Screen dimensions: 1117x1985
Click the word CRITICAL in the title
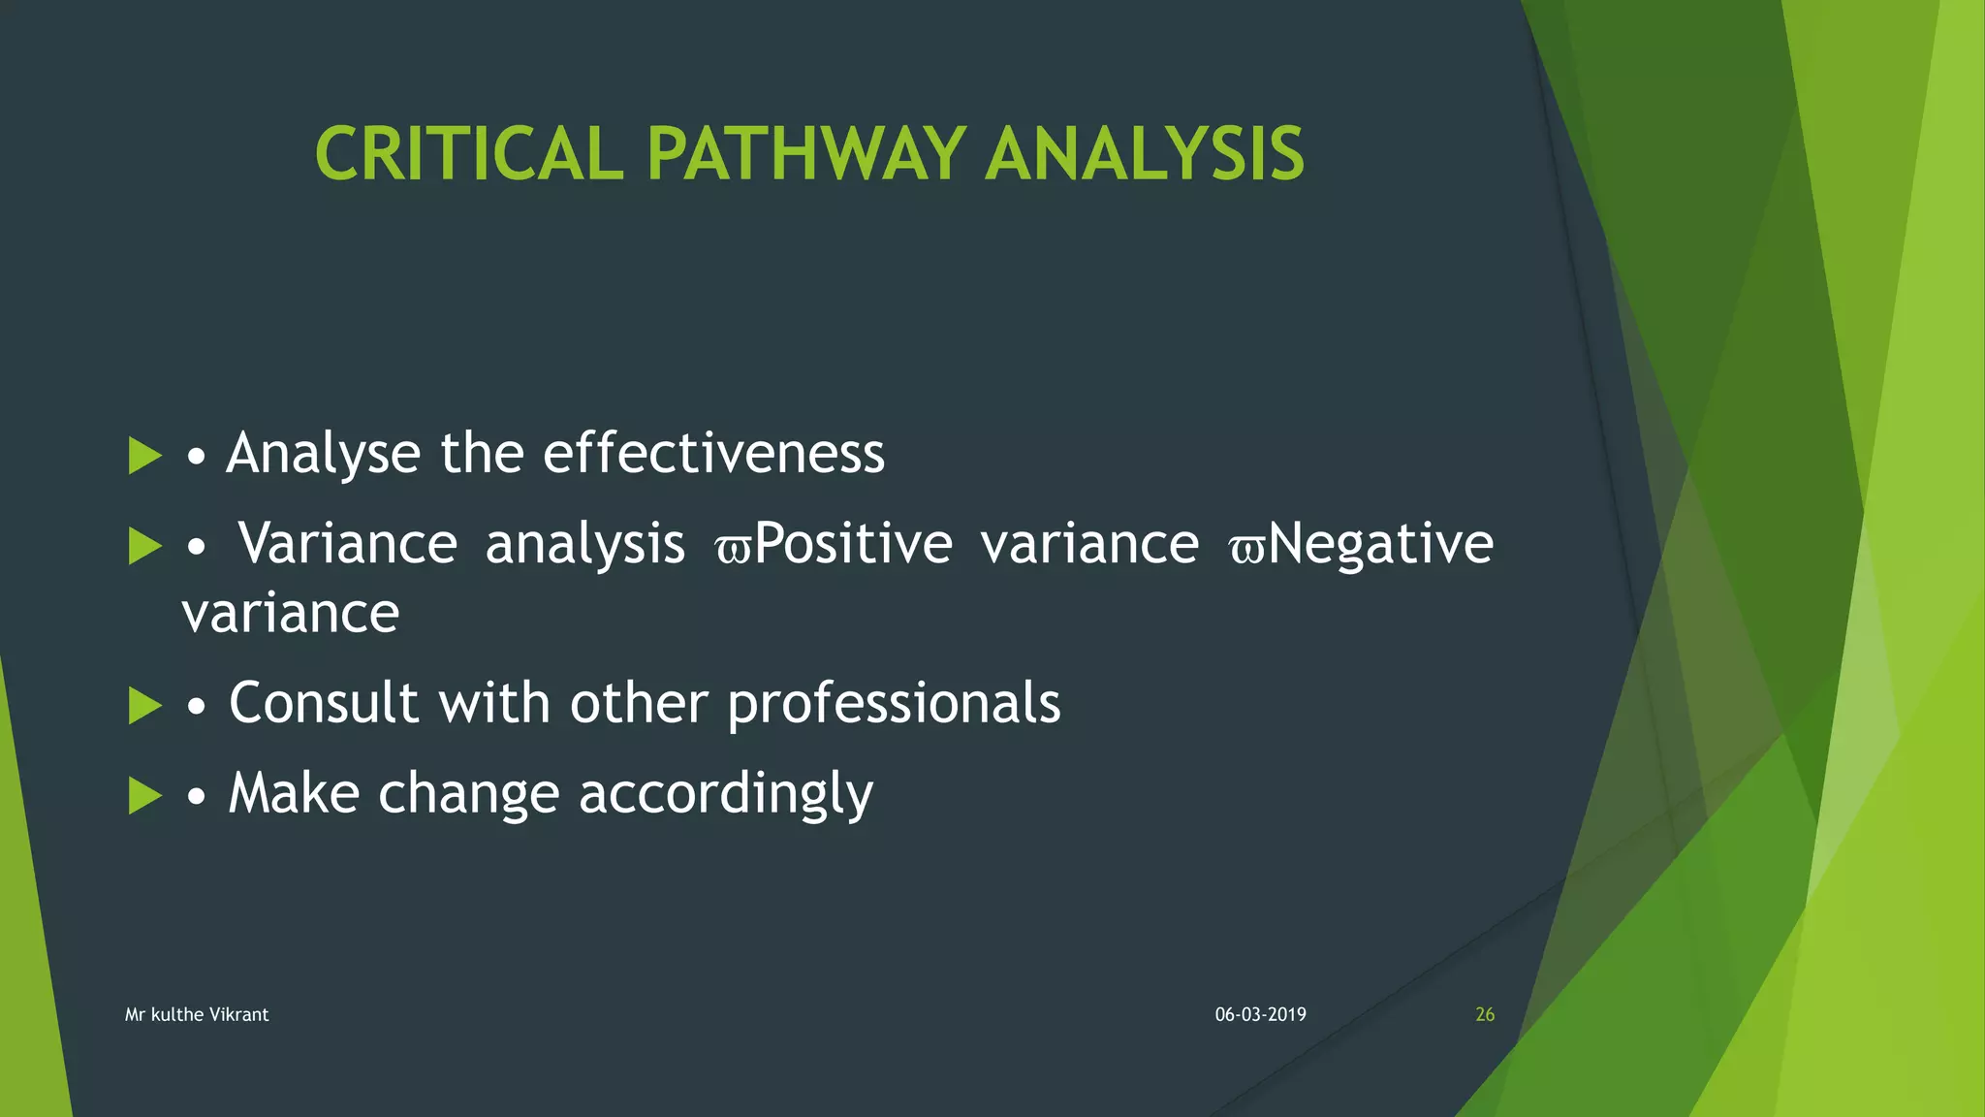click(469, 154)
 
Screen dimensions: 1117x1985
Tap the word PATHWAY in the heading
click(805, 154)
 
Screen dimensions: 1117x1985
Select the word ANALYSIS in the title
click(1145, 154)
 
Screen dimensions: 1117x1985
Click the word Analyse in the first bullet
click(323, 454)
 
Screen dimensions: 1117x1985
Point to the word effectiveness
click(713, 454)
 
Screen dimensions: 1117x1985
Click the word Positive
click(853, 543)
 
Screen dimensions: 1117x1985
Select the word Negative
click(1380, 543)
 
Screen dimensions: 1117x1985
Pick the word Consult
click(325, 703)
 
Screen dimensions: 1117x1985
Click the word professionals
click(894, 703)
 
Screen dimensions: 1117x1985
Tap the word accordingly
click(726, 794)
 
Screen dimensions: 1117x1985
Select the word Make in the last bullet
click(294, 794)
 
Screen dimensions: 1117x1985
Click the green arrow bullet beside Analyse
click(144, 456)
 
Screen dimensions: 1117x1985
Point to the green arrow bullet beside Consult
click(144, 706)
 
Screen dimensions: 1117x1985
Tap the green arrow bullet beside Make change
click(144, 796)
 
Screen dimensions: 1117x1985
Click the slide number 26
click(1484, 1014)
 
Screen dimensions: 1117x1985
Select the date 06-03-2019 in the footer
click(1260, 1014)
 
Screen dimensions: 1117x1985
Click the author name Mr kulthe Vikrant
click(197, 1014)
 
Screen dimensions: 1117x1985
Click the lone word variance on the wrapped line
click(291, 614)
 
